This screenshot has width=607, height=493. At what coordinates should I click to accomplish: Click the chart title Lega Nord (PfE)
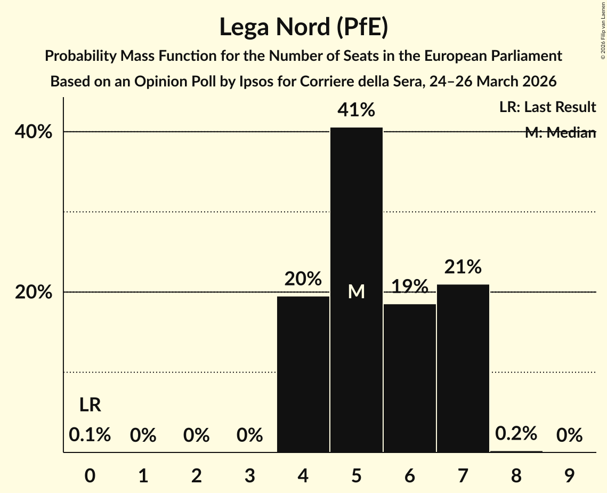pos(303,27)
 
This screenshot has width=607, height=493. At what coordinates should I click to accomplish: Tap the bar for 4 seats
pos(303,374)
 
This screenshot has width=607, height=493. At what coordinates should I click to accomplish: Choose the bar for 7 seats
pos(463,368)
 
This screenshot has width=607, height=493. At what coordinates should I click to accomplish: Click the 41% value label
pos(357,110)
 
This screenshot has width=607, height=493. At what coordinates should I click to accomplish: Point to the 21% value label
pos(463,266)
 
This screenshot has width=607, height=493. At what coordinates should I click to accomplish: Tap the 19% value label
pos(410,287)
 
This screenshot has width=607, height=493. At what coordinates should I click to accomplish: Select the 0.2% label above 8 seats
pos(516,434)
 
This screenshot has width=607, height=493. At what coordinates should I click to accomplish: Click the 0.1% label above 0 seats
pos(90,435)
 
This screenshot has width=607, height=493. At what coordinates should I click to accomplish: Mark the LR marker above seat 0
pos(90,405)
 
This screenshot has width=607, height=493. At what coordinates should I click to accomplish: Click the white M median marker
pos(357,292)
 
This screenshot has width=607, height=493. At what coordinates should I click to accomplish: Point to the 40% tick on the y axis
pos(37,132)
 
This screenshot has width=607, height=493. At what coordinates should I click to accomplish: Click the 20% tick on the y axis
pos(37,292)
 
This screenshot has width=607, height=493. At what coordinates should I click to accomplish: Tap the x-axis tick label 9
pos(569,474)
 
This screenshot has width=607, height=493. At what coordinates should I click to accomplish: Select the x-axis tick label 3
pos(250,474)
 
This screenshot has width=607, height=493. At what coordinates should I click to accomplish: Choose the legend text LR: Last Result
pos(547,107)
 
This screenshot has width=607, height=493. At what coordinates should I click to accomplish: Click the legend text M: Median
pos(560,133)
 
